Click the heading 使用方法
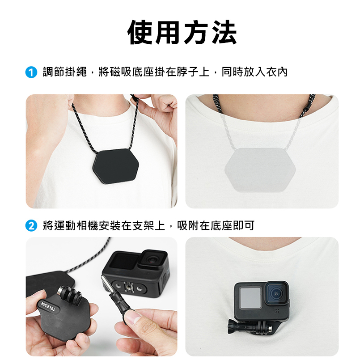coord(182,32)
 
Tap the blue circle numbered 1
coord(31,72)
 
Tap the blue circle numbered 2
coord(31,226)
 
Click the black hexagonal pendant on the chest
coord(116,166)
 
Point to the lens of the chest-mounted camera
coord(276,293)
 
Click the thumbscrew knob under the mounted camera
coord(232,326)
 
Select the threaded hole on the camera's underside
coord(127,288)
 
